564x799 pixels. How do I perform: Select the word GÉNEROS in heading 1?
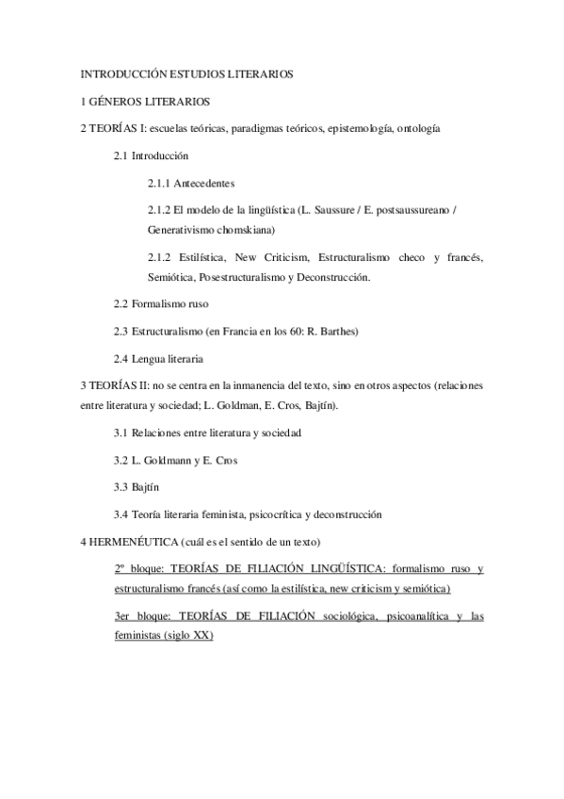pyautogui.click(x=122, y=100)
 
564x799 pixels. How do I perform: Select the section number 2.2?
pyautogui.click(x=121, y=303)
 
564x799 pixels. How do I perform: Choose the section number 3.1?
pyautogui.click(x=121, y=432)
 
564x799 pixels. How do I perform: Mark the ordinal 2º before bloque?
pyautogui.click(x=120, y=569)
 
